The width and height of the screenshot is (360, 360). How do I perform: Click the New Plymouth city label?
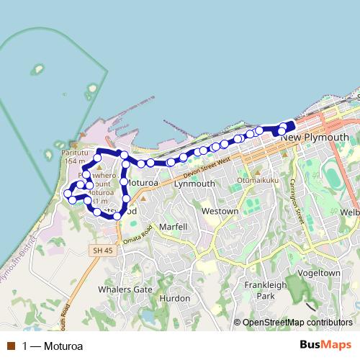[315, 137]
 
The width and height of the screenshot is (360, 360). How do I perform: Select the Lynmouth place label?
[194, 184]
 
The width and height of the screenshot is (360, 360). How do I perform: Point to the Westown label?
[220, 212]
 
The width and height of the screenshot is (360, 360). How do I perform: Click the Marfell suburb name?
[173, 227]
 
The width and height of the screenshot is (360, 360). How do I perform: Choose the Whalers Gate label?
[127, 289]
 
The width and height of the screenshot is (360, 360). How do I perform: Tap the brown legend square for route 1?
[10, 346]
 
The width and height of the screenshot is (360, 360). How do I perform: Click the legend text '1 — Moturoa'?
[53, 346]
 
